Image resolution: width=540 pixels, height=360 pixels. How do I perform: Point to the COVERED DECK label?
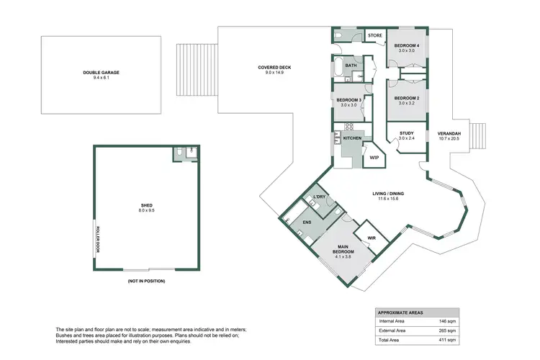[274, 68]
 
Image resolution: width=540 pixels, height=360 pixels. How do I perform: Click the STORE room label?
[374, 35]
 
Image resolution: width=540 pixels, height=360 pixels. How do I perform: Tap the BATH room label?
[351, 66]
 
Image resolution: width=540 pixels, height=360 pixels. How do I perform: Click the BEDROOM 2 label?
[408, 99]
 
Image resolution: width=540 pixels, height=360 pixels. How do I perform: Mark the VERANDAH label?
[449, 133]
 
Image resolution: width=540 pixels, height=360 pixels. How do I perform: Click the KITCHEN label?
[352, 137]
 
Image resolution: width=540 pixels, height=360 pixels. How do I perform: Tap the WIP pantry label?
[374, 157]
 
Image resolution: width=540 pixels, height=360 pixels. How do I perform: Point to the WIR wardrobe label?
[372, 236]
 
